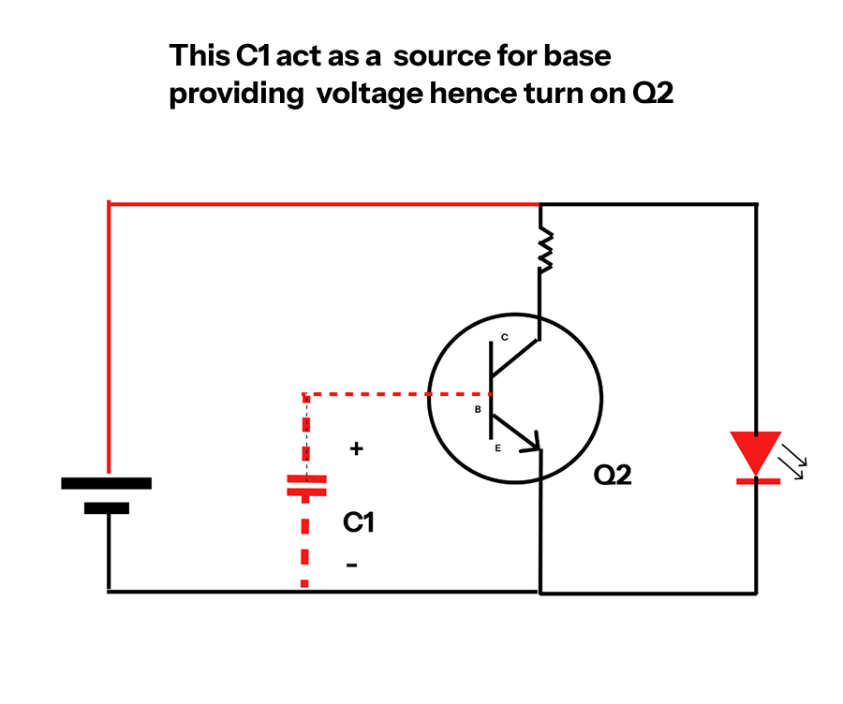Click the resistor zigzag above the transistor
(542, 252)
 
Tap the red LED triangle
(756, 450)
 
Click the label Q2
(614, 476)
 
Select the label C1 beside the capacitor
(359, 522)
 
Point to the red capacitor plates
(305, 486)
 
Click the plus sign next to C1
(356, 449)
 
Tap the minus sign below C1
(351, 565)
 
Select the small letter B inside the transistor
(478, 410)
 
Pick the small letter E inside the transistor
(497, 449)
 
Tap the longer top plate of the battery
(106, 483)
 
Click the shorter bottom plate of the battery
(107, 508)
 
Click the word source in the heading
(439, 56)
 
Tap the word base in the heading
(577, 56)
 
